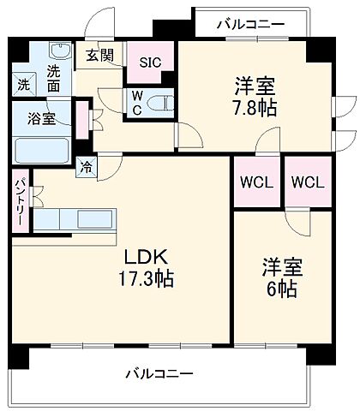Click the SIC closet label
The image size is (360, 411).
point(151,61)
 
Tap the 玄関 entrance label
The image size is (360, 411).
point(99,56)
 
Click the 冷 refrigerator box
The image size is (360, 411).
point(87,168)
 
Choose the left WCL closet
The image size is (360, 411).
point(255,182)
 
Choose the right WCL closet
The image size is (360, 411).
point(307,182)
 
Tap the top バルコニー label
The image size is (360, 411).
point(249,24)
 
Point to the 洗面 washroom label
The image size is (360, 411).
point(54,78)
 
